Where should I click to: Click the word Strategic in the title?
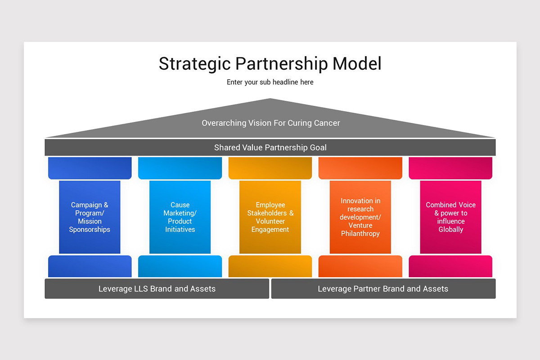click(194, 64)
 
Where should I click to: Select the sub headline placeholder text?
click(270, 82)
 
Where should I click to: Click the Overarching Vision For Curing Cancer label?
click(270, 123)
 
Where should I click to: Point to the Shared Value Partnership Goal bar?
click(270, 148)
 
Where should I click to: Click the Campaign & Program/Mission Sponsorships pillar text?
click(90, 217)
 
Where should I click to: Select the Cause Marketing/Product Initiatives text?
click(180, 217)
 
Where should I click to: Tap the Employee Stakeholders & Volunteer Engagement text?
click(270, 217)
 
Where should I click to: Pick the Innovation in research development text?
click(360, 217)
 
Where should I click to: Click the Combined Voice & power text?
click(450, 217)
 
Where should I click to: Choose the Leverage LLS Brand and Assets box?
click(157, 288)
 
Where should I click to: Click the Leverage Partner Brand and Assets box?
click(383, 288)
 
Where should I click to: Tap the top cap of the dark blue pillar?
click(90, 168)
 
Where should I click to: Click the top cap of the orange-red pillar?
click(360, 168)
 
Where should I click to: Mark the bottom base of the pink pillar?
click(450, 266)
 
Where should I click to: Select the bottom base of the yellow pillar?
click(270, 266)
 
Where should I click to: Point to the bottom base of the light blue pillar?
click(180, 266)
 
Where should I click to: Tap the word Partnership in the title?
click(282, 64)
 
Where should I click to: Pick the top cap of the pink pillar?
click(450, 168)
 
